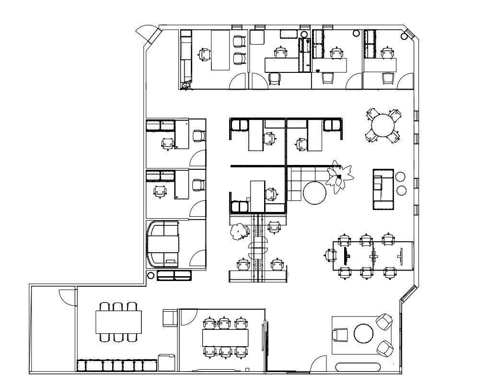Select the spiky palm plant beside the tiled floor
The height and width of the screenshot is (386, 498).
tap(339, 178)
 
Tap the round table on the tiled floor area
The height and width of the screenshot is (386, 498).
tap(314, 193)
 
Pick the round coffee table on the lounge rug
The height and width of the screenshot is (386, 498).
tap(363, 334)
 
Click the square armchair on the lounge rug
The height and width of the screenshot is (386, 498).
tap(340, 335)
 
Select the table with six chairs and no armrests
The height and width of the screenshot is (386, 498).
tap(118, 322)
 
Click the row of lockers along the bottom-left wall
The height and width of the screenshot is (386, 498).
tap(117, 365)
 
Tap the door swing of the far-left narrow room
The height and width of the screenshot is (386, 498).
tap(66, 297)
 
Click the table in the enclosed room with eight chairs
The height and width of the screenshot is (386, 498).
tap(226, 338)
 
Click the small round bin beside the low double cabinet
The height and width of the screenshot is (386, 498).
tap(151, 275)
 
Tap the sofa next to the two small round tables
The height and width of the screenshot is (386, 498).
tap(383, 189)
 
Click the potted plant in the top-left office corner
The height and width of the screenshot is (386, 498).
tap(186, 85)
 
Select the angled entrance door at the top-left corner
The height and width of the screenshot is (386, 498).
tap(146, 35)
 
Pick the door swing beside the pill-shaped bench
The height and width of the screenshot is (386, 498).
tap(317, 365)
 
